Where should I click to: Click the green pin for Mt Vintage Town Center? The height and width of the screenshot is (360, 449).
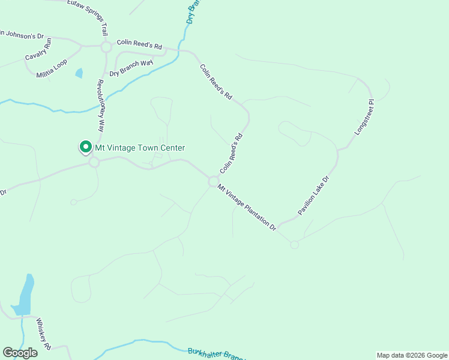pyautogui.click(x=85, y=147)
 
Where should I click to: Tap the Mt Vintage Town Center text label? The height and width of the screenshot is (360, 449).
pyautogui.click(x=140, y=148)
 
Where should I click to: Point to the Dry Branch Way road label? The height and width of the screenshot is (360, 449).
pyautogui.click(x=131, y=68)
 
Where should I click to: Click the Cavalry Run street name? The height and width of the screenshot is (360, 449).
pyautogui.click(x=39, y=50)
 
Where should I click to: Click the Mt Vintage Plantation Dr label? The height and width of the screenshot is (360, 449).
pyautogui.click(x=247, y=207)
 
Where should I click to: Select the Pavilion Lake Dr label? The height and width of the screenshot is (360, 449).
pyautogui.click(x=314, y=196)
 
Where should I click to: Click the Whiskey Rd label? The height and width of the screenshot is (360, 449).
pyautogui.click(x=43, y=331)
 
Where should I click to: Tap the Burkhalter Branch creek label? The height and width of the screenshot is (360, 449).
pyautogui.click(x=216, y=354)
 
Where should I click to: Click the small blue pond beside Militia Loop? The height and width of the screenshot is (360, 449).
pyautogui.click(x=79, y=73)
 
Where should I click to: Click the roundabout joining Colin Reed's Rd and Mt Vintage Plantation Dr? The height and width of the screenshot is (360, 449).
pyautogui.click(x=213, y=181)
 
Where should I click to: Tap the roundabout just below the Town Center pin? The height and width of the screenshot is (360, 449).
pyautogui.click(x=94, y=162)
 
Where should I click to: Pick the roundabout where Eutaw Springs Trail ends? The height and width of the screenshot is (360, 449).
pyautogui.click(x=106, y=47)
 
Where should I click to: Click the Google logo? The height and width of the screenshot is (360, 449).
pyautogui.click(x=20, y=353)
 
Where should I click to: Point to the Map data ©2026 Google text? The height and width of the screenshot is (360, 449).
pyautogui.click(x=411, y=355)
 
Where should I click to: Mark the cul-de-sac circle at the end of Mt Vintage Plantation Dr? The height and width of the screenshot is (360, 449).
pyautogui.click(x=294, y=244)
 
